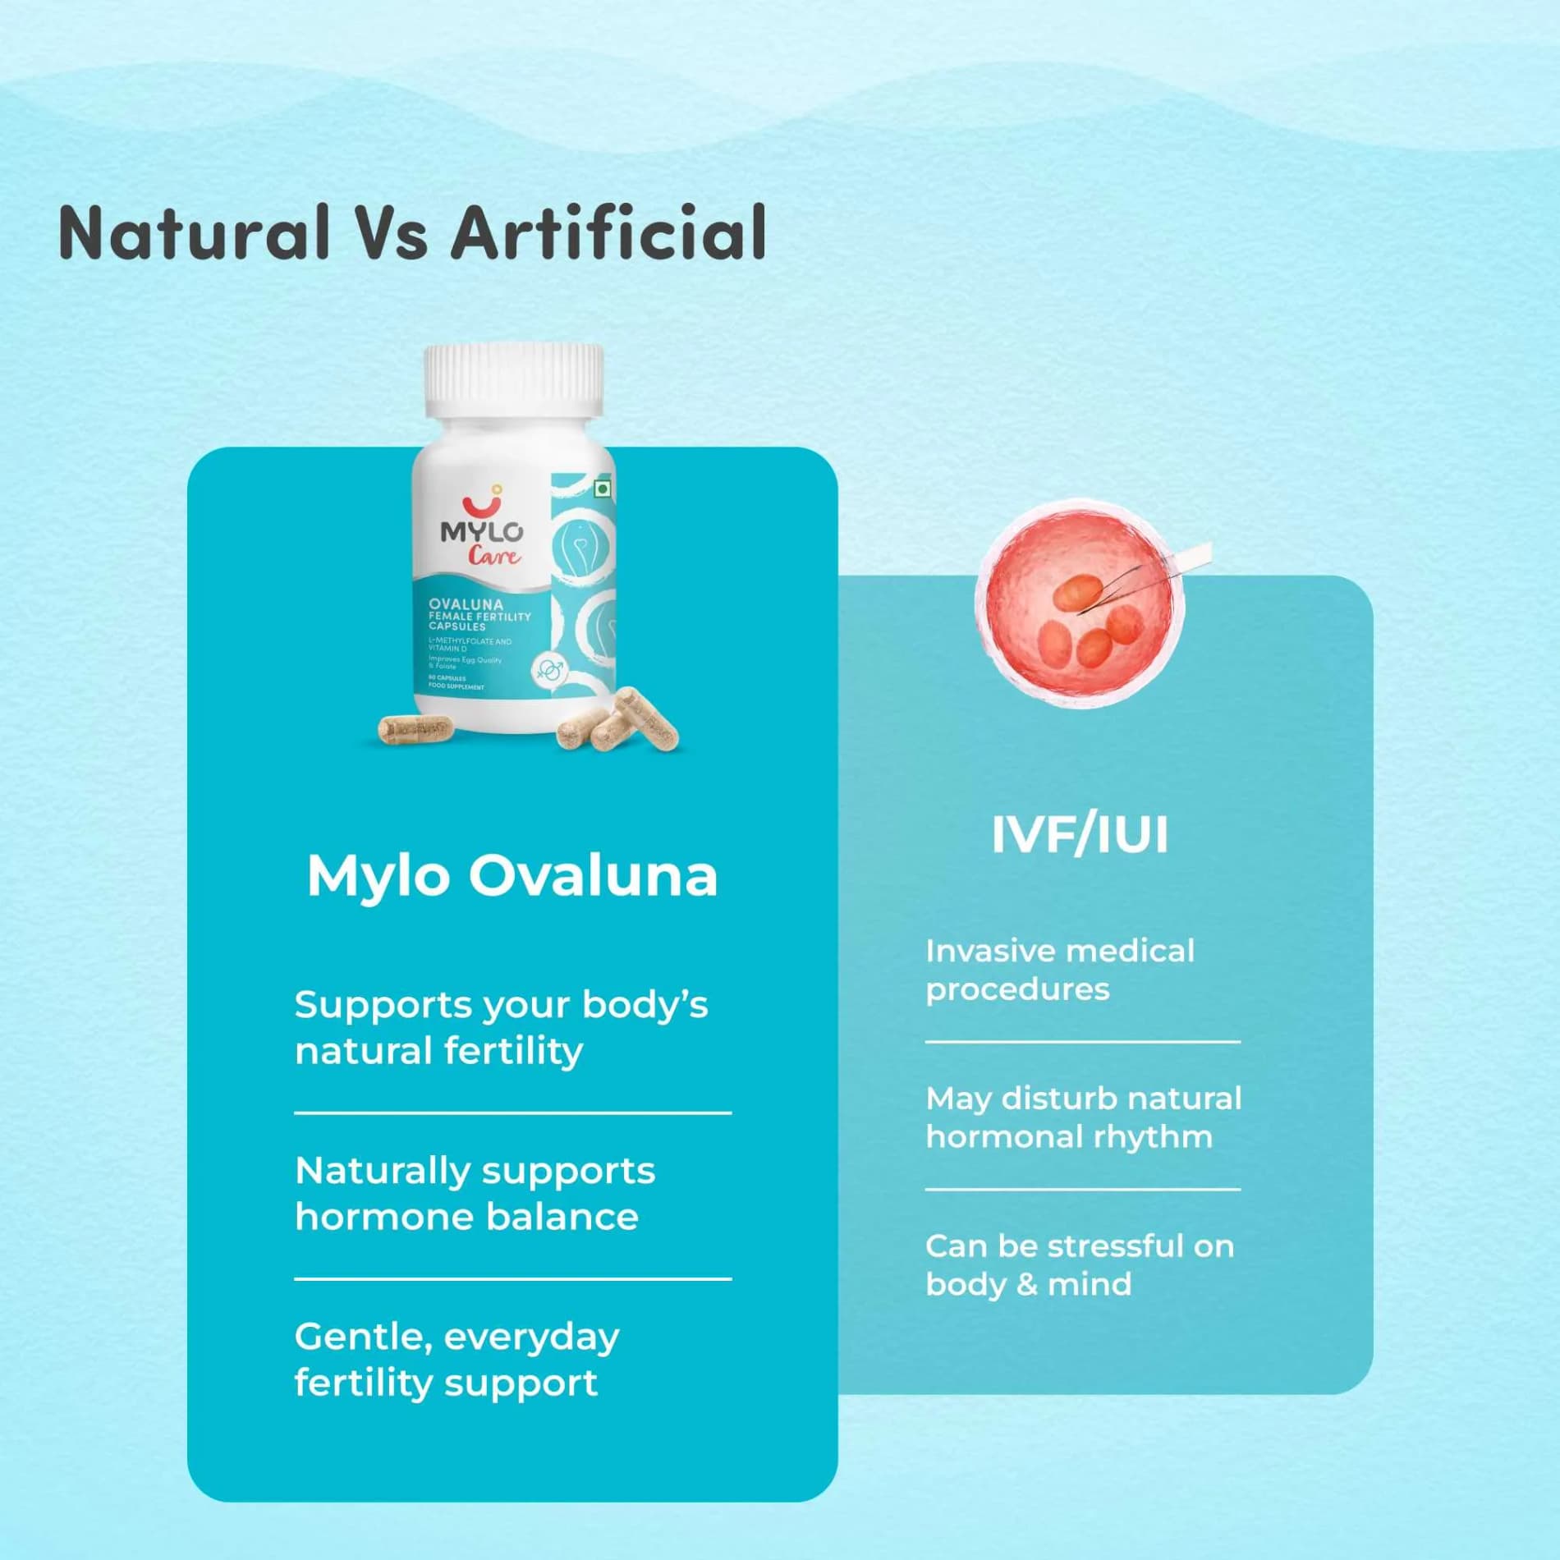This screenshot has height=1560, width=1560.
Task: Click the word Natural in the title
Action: pyautogui.click(x=194, y=233)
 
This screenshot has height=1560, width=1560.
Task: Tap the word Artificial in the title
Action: pyautogui.click(x=608, y=233)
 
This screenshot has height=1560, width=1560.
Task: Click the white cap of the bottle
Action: pyautogui.click(x=514, y=379)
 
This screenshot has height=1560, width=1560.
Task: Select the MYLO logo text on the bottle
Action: pyautogui.click(x=481, y=531)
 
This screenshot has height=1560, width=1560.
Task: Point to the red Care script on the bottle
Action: pyautogui.click(x=494, y=557)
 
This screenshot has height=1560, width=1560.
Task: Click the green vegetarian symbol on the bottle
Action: pyautogui.click(x=603, y=489)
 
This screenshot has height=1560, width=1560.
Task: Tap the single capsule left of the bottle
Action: pyautogui.click(x=415, y=728)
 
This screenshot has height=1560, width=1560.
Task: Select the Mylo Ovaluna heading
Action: pyautogui.click(x=512, y=876)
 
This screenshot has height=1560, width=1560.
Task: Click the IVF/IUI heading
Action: pyautogui.click(x=1080, y=835)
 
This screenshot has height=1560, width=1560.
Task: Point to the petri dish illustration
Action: pyautogui.click(x=1081, y=603)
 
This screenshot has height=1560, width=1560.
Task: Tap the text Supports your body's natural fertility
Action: pyautogui.click(x=501, y=1027)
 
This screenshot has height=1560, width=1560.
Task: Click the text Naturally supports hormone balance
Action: pyautogui.click(x=475, y=1193)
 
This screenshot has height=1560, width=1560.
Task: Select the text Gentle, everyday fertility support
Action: pyautogui.click(x=457, y=1359)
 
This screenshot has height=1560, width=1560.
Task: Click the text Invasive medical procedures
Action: pyautogui.click(x=1059, y=970)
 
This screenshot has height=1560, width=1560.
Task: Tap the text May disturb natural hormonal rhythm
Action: pyautogui.click(x=1083, y=1117)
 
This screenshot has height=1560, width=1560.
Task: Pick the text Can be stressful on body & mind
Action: pyautogui.click(x=1079, y=1264)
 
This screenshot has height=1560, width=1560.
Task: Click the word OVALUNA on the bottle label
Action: pyautogui.click(x=466, y=604)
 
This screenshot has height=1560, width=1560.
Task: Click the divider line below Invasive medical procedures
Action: pyautogui.click(x=1082, y=1042)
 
